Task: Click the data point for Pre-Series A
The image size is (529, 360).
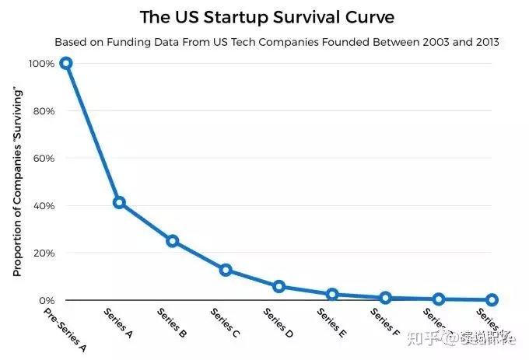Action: coord(66,63)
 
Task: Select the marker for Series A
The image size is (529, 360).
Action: coord(119,202)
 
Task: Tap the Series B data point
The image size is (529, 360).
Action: coord(173,241)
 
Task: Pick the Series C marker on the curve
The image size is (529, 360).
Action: coord(226,270)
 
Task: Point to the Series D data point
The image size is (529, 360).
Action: coord(279,286)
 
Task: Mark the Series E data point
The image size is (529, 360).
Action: coord(332,294)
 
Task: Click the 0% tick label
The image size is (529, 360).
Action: coord(46,300)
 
